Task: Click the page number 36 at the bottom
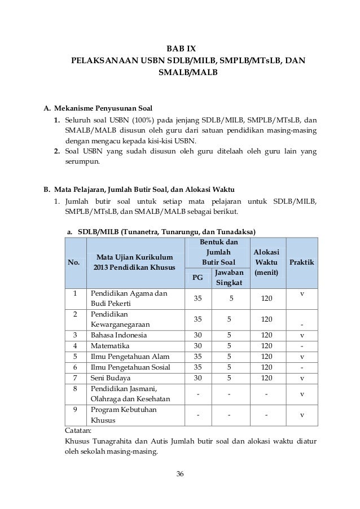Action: coord(180,472)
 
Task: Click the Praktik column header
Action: coord(302,263)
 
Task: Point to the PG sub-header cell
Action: coord(198,277)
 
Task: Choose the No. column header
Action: coord(74,263)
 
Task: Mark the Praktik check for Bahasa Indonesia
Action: coord(302,335)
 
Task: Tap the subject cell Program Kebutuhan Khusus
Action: coord(117,415)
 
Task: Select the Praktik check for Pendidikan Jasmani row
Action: coord(302,394)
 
